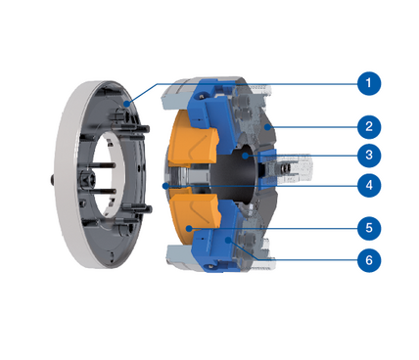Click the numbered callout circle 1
(x=369, y=83)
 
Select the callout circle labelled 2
(x=369, y=126)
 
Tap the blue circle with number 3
(x=369, y=156)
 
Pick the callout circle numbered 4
(x=369, y=185)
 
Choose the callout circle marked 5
(x=369, y=228)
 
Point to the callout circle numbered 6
(x=369, y=260)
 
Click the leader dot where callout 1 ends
(x=126, y=104)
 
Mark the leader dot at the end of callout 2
(x=267, y=127)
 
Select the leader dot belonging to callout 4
(x=165, y=186)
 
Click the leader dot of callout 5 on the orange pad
(x=189, y=228)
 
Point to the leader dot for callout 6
(x=229, y=241)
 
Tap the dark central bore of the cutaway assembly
(x=235, y=176)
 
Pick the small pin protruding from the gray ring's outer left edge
(x=52, y=180)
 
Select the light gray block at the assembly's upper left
(x=175, y=99)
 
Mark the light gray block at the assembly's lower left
(x=179, y=253)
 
